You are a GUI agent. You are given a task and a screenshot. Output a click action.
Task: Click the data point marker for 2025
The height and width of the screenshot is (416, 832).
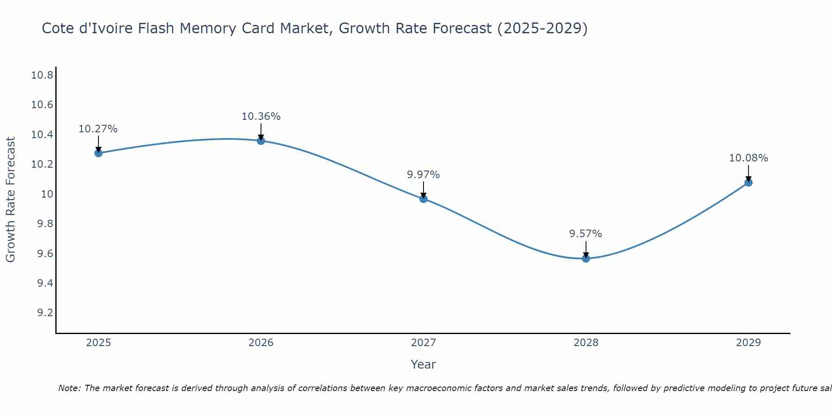(x=99, y=153)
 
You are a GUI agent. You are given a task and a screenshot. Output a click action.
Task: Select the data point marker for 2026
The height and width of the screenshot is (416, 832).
(x=261, y=141)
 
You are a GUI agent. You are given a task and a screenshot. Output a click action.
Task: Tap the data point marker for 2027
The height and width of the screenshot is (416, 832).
(x=423, y=199)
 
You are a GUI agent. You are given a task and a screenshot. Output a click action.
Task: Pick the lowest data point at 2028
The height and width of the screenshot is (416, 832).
(x=586, y=258)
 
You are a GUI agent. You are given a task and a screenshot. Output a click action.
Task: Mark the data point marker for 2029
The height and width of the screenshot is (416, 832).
(x=748, y=182)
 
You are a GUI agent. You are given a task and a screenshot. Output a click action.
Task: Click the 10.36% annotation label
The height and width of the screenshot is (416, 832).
(x=261, y=116)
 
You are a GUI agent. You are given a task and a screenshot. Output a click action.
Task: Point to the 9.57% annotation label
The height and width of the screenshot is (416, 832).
(x=586, y=234)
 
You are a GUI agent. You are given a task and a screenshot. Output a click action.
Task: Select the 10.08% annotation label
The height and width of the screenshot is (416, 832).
(x=748, y=158)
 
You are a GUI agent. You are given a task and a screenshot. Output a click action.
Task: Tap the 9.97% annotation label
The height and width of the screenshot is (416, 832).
(x=423, y=175)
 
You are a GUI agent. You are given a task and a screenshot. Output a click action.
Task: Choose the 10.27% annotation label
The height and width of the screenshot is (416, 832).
(x=98, y=129)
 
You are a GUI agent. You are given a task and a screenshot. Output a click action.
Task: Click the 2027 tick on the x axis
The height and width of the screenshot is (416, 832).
(x=423, y=343)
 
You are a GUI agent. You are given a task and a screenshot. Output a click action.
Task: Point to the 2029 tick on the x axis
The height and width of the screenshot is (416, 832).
(x=748, y=343)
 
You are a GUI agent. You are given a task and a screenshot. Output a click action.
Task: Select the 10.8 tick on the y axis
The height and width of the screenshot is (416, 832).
(x=42, y=75)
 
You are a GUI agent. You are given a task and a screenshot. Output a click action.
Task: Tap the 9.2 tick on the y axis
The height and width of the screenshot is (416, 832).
(x=45, y=313)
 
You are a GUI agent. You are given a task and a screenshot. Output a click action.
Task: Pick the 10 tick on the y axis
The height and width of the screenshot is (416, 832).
(x=47, y=194)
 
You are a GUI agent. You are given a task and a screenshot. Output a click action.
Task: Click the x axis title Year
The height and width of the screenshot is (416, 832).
(x=423, y=364)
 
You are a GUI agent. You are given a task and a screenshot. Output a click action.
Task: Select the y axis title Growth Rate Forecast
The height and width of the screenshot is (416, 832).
(x=11, y=200)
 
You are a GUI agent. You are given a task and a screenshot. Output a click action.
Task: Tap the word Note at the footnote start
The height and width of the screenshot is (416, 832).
(x=69, y=388)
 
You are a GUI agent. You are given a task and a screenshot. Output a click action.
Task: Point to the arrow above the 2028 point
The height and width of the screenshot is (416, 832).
(x=586, y=249)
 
